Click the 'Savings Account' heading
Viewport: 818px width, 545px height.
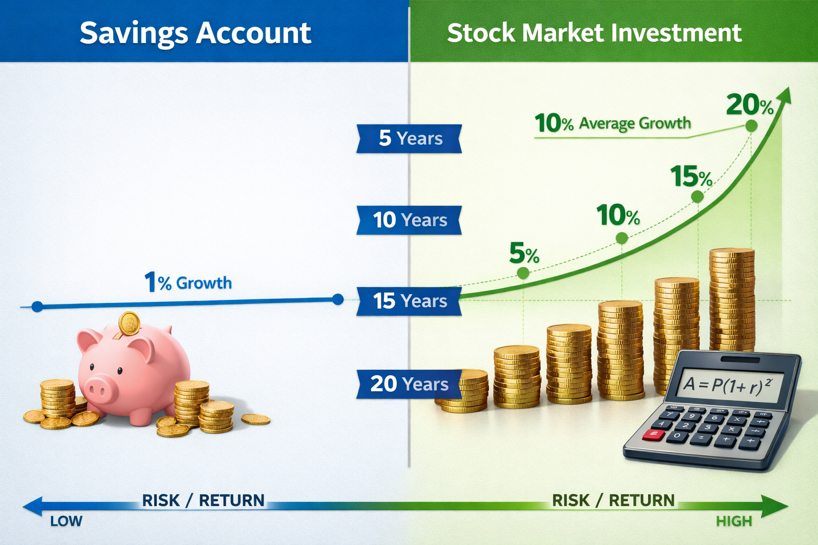point(195,33)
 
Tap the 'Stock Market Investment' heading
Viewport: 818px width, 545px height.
point(594,33)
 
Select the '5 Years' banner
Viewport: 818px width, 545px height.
point(410,138)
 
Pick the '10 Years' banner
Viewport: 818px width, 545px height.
point(409,220)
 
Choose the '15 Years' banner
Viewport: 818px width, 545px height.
point(409,301)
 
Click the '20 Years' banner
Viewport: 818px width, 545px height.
point(409,384)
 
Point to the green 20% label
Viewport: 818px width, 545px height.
point(749,105)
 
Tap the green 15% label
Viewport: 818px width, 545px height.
point(691,176)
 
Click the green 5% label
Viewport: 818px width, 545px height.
point(524,253)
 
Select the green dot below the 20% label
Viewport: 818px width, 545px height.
point(751,126)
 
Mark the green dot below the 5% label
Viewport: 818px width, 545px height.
point(523,273)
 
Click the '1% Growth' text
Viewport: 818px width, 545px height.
point(188,282)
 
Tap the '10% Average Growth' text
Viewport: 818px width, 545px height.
point(612,123)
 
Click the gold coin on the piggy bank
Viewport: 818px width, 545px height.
point(129,323)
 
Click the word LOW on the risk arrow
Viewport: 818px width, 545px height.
point(66,521)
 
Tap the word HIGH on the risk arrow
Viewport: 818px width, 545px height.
point(734,521)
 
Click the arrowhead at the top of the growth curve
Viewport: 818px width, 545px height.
point(785,96)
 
